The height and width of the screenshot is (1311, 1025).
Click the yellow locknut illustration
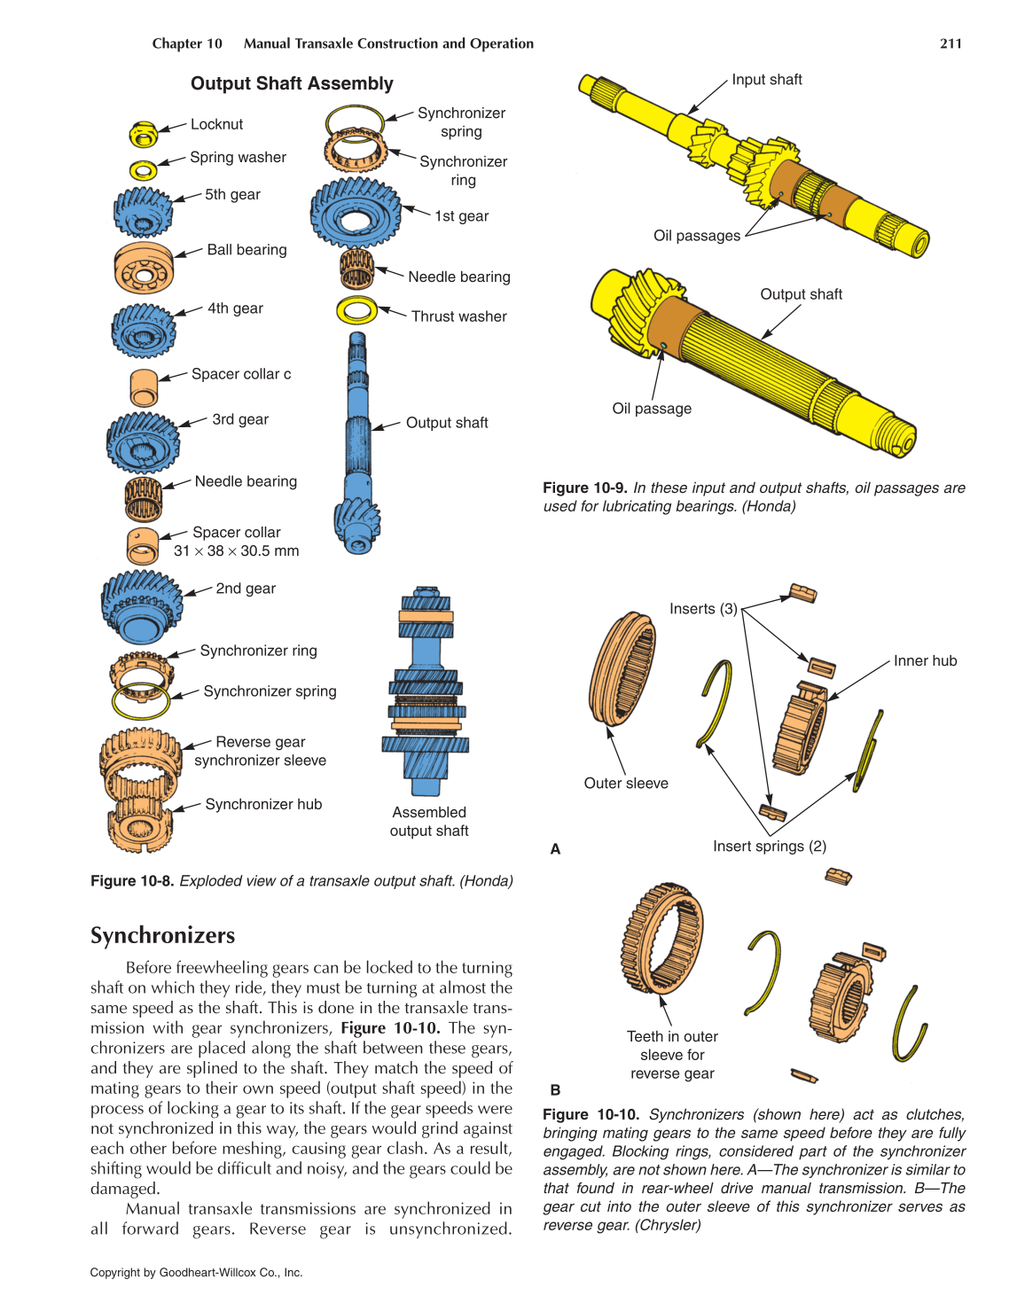(x=143, y=134)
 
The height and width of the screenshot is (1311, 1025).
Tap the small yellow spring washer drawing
(x=143, y=169)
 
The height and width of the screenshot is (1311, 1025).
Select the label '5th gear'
(x=232, y=195)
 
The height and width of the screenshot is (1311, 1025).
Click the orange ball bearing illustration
(x=144, y=268)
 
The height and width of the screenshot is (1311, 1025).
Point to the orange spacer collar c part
(x=143, y=387)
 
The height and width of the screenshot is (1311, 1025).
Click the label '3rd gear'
(x=240, y=419)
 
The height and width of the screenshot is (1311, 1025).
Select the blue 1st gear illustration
(x=355, y=214)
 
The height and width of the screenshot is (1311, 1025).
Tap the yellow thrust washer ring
(x=356, y=311)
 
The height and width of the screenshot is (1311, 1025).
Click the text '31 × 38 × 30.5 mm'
(x=237, y=551)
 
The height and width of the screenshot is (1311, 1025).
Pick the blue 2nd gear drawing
(x=141, y=606)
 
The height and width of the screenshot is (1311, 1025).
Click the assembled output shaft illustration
(x=426, y=691)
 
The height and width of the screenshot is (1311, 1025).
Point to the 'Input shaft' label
(x=766, y=80)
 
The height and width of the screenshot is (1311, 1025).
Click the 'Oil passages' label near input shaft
(x=696, y=236)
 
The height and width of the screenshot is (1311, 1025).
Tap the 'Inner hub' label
(x=925, y=661)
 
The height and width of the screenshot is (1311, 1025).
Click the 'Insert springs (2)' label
(x=770, y=847)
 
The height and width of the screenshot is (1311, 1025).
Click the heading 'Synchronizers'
(x=163, y=936)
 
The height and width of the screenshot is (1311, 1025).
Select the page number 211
(x=951, y=43)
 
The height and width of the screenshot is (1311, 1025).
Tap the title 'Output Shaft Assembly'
(x=292, y=84)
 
